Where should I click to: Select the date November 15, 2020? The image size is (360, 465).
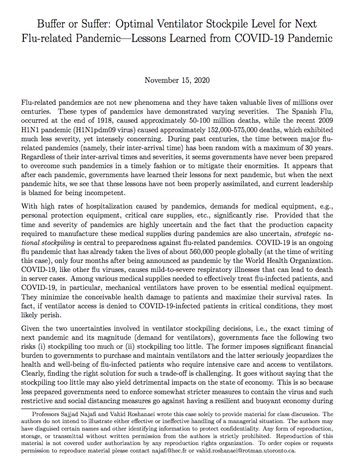(x=177, y=80)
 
